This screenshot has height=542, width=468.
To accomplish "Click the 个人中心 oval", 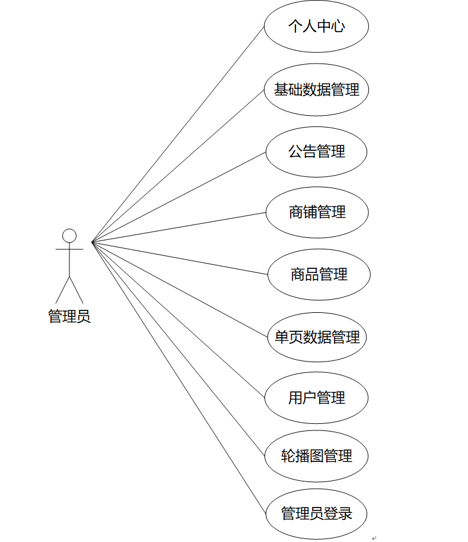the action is [x=316, y=27].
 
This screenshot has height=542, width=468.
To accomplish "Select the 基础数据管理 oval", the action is [x=316, y=90].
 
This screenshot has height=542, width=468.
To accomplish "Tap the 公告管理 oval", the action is [x=316, y=152].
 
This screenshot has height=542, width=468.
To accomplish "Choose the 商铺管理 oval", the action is [x=317, y=213].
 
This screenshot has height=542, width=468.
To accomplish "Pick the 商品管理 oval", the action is [x=319, y=274].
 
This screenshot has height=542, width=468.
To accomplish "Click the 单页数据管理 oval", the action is [x=317, y=337].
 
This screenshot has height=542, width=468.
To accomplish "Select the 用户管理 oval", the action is [x=316, y=398].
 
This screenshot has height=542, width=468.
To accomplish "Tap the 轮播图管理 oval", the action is [x=316, y=456].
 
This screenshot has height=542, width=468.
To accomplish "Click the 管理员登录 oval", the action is [x=316, y=514].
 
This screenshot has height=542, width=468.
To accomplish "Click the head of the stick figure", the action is [x=69, y=236].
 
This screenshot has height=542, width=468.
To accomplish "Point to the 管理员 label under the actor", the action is [x=69, y=316].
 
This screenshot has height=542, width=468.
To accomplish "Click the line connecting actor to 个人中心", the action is [x=178, y=134].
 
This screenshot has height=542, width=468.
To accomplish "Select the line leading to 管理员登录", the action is [x=178, y=378].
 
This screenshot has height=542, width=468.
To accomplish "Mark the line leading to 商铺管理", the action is [x=178, y=227].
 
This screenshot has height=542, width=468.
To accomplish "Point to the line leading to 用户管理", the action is [x=178, y=320].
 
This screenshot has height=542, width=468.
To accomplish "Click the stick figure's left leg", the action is [x=63, y=289].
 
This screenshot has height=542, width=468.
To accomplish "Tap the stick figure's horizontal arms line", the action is [x=69, y=249].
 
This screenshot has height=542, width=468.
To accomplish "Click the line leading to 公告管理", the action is [x=178, y=197].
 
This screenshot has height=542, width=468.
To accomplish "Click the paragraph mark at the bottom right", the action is [x=374, y=538].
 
